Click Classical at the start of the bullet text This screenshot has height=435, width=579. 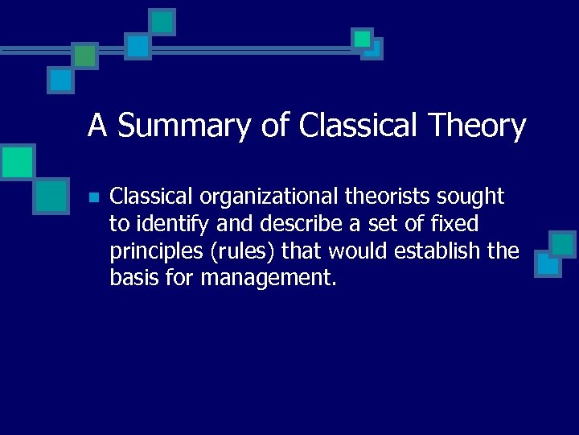[151, 196]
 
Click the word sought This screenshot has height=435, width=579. [473, 196]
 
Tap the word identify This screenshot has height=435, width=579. [168, 223]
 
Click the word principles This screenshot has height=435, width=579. [156, 251]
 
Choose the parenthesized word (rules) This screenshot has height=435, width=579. [245, 251]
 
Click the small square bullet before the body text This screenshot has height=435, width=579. [93, 197]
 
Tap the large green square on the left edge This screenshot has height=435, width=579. [17, 163]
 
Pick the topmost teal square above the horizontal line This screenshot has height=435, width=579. [162, 22]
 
